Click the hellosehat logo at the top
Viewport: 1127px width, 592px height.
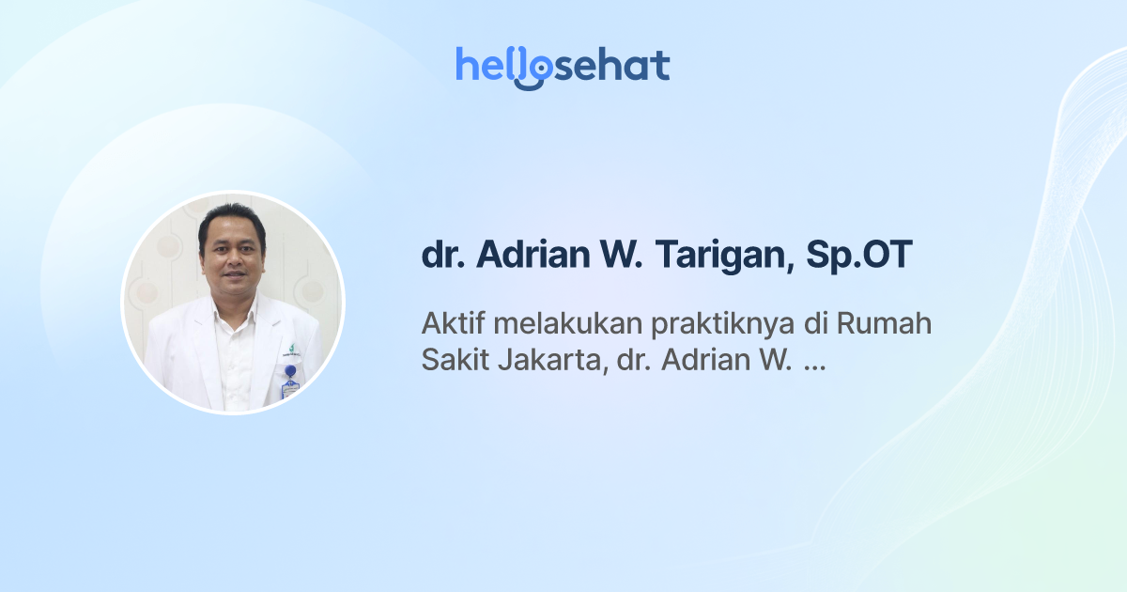click(x=563, y=66)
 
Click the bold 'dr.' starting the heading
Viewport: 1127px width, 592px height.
click(x=442, y=257)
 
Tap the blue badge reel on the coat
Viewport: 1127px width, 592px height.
click(x=290, y=371)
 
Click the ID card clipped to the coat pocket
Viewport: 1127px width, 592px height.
click(x=289, y=388)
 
